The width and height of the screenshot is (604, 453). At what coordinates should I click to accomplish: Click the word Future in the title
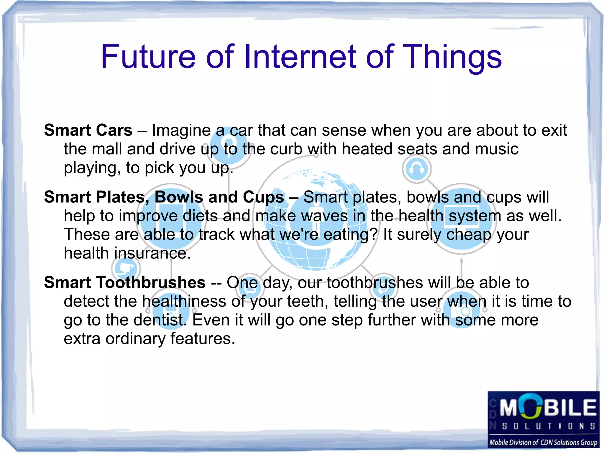[x=148, y=56]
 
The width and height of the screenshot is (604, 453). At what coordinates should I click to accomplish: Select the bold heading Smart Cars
[x=88, y=130]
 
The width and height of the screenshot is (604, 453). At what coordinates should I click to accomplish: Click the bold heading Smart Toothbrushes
[x=125, y=282]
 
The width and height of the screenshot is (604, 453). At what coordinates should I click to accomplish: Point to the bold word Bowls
[x=179, y=197]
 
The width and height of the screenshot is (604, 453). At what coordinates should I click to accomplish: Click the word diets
[x=200, y=216]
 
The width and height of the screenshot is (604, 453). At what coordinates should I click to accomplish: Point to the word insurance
[x=152, y=253]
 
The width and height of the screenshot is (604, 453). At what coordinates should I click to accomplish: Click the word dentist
[x=160, y=320]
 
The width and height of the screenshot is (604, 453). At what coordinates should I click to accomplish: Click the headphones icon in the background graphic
[x=416, y=169]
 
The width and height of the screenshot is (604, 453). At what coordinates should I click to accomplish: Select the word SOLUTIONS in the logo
[x=549, y=426]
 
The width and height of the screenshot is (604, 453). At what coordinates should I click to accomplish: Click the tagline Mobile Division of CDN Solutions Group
[x=543, y=442]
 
